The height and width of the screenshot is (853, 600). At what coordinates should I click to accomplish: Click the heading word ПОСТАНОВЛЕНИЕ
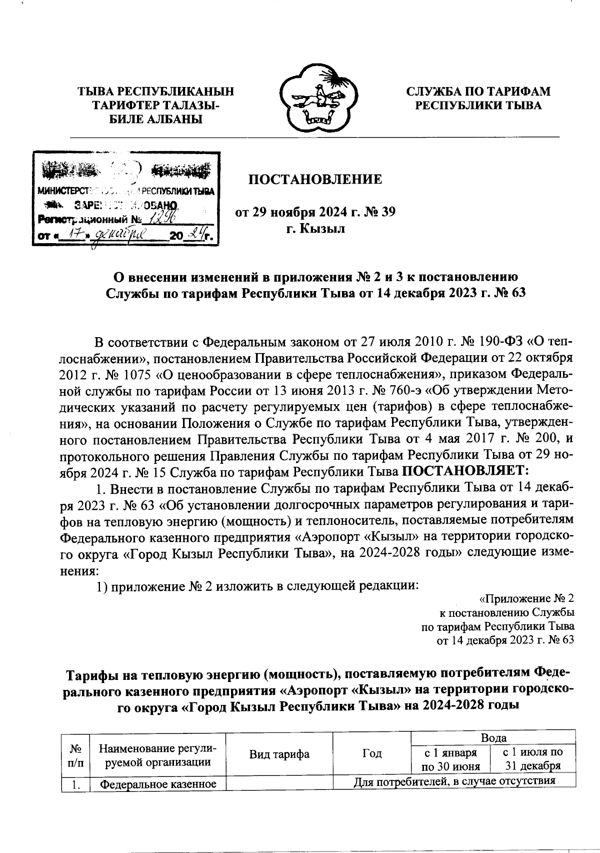pyautogui.click(x=315, y=179)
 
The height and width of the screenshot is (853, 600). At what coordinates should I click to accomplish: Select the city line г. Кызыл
pyautogui.click(x=315, y=230)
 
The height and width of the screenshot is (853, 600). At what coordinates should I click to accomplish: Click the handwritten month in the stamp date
pyautogui.click(x=119, y=234)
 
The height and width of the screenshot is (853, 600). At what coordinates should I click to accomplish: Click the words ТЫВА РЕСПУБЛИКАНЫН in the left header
pyautogui.click(x=155, y=92)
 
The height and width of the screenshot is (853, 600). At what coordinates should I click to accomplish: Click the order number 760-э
pyautogui.click(x=406, y=389)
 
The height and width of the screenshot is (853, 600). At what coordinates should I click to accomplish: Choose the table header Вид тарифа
pyautogui.click(x=279, y=754)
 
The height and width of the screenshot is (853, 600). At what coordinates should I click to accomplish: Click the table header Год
pyautogui.click(x=371, y=754)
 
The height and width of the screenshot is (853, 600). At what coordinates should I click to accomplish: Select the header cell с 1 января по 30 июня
pyautogui.click(x=450, y=759)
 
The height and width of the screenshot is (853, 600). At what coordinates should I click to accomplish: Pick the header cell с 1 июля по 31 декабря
pyautogui.click(x=533, y=759)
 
